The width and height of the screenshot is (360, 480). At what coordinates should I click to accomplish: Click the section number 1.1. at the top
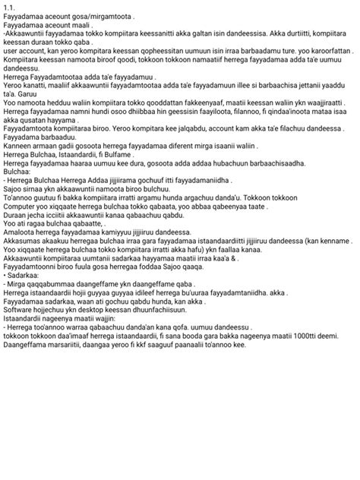tap(10, 7)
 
